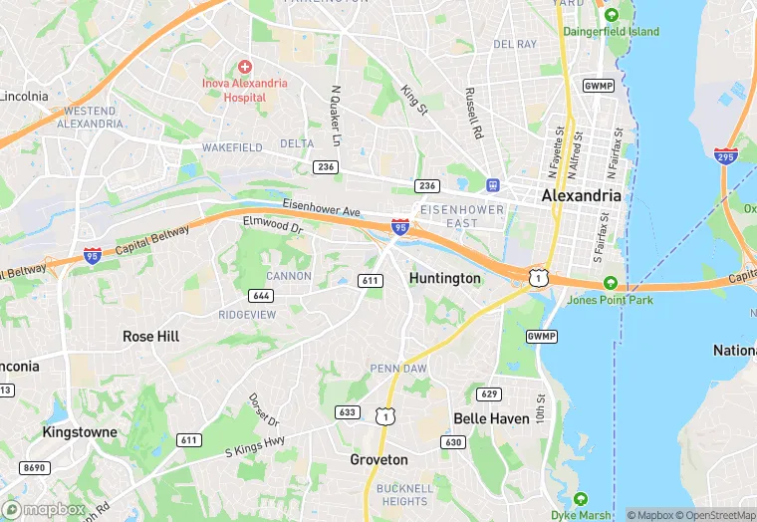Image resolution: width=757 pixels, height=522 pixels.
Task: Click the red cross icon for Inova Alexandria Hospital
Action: pyautogui.click(x=244, y=65)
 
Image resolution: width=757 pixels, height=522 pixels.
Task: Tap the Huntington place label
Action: pyautogui.click(x=444, y=278)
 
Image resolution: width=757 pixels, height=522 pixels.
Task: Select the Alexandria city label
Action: pyautogui.click(x=582, y=196)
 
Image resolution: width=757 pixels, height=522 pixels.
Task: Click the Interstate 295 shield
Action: pyautogui.click(x=726, y=156)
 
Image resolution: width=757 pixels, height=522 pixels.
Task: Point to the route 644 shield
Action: pyautogui.click(x=262, y=296)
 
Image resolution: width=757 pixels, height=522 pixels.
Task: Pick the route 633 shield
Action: pyautogui.click(x=348, y=411)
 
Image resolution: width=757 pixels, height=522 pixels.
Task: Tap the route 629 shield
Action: pyautogui.click(x=488, y=393)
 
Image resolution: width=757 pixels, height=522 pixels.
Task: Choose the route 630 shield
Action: pyautogui.click(x=453, y=441)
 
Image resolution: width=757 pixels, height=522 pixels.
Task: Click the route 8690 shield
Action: pyautogui.click(x=35, y=467)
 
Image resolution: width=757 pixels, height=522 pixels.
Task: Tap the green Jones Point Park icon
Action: pyautogui.click(x=610, y=282)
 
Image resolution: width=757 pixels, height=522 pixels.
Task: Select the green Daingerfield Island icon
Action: pyautogui.click(x=612, y=15)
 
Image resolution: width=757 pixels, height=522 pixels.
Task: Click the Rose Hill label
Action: pyautogui.click(x=150, y=337)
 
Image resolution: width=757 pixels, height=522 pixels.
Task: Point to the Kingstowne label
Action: pyautogui.click(x=80, y=432)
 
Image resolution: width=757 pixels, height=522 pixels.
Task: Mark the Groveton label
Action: pyautogui.click(x=378, y=460)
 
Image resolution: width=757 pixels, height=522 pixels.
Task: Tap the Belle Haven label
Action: pyautogui.click(x=491, y=418)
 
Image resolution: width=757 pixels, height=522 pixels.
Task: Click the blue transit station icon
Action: pyautogui.click(x=492, y=185)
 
